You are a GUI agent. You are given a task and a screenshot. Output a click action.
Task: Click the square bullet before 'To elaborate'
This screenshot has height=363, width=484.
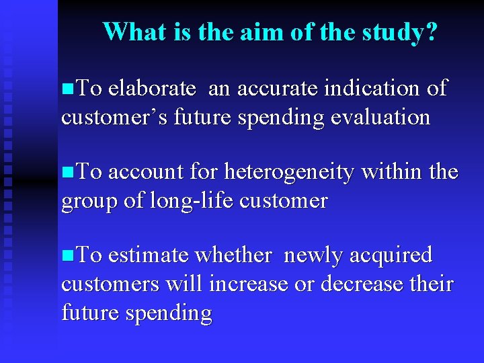tap(65, 89)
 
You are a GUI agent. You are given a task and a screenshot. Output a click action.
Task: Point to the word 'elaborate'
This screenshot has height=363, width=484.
tap(152, 88)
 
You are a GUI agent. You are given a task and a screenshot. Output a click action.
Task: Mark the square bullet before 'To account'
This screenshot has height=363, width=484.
tap(65, 173)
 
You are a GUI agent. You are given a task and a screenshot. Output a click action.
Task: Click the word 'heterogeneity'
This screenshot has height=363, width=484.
tap(289, 173)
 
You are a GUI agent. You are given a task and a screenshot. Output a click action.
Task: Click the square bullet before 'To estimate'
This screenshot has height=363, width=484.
tap(65, 256)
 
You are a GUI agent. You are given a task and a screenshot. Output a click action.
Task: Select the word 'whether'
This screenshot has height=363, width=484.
tap(233, 255)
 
